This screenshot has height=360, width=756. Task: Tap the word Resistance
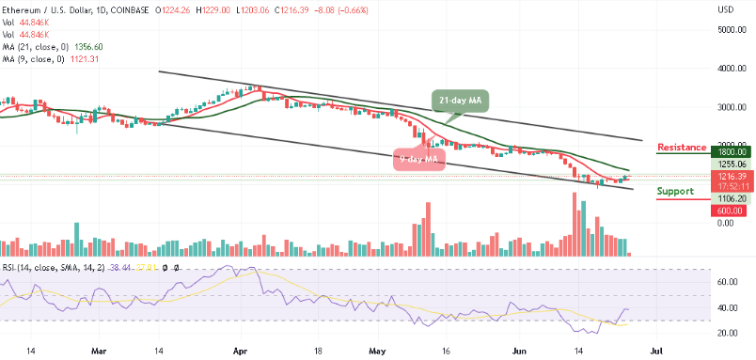point(683,148)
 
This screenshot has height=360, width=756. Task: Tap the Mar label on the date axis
point(99,349)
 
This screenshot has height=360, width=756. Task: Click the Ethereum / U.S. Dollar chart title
point(56,9)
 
